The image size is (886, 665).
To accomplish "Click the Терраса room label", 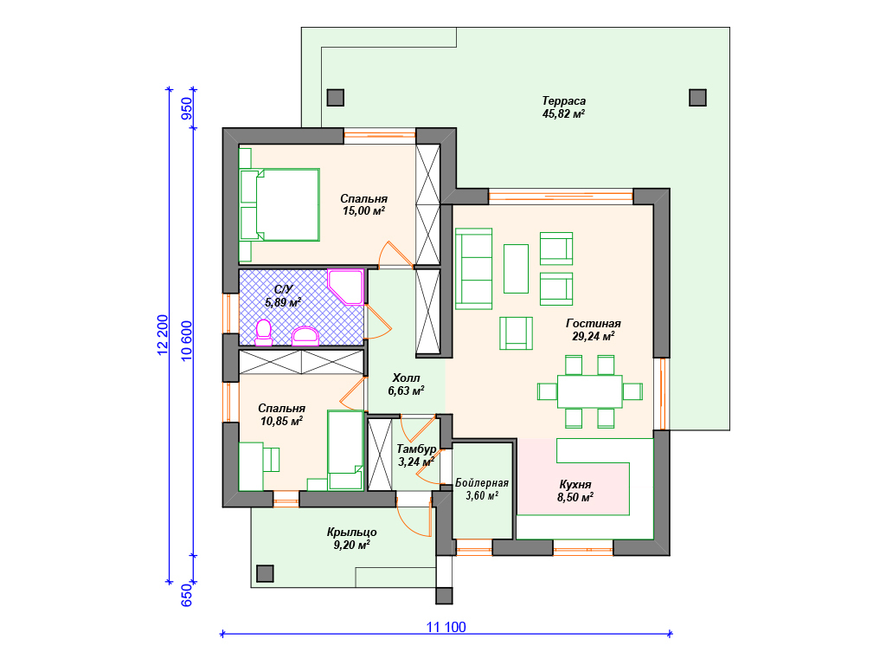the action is (x=564, y=101).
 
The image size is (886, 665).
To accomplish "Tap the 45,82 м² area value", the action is (x=563, y=113).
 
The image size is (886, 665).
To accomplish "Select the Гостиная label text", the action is (x=594, y=324).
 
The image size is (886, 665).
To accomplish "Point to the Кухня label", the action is (x=575, y=485).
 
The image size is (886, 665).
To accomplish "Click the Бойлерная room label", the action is (x=482, y=483).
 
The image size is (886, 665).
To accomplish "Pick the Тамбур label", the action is (x=416, y=449).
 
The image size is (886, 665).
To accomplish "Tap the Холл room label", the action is (x=407, y=378).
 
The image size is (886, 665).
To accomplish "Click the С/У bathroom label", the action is (x=283, y=289).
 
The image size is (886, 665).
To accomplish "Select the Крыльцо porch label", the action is (x=351, y=533).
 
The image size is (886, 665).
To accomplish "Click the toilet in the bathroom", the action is (x=263, y=332).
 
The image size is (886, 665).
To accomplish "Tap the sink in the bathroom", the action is (x=305, y=336).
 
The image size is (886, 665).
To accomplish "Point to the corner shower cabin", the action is (x=345, y=287).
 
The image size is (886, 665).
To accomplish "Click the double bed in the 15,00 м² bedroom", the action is (x=279, y=204).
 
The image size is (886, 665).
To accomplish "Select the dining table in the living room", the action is (x=590, y=391).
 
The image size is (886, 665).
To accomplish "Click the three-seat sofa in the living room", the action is (x=473, y=268).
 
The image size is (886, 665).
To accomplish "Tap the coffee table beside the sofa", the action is (x=516, y=268).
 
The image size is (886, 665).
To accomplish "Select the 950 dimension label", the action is (x=186, y=108).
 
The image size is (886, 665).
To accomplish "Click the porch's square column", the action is (x=265, y=573).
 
